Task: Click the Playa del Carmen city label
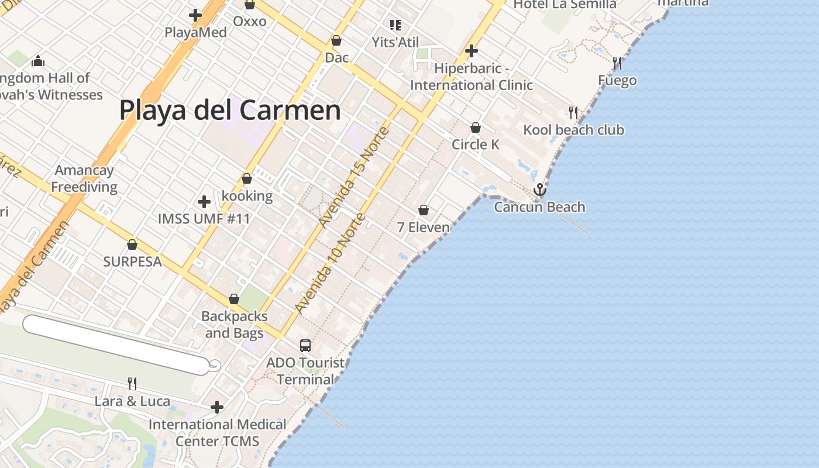[x=230, y=110]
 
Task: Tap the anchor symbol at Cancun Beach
[x=539, y=190]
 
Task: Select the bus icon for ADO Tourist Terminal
[x=305, y=345]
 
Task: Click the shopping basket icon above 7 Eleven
[x=424, y=209]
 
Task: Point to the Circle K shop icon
[x=476, y=127]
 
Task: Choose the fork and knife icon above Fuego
[x=617, y=63]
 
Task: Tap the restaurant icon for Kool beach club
[x=573, y=112]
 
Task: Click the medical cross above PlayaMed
[x=195, y=15]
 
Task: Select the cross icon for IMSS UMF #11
[x=204, y=202]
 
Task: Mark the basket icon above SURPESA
[x=132, y=244]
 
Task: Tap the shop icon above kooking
[x=247, y=178]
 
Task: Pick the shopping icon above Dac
[x=336, y=40]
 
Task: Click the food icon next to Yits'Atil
[x=395, y=25]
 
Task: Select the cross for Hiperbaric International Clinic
[x=472, y=51]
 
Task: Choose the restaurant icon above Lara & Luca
[x=132, y=384]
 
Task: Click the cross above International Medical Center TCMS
[x=217, y=407]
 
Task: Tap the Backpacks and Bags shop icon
[x=234, y=299]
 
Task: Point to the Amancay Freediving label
[x=84, y=179]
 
